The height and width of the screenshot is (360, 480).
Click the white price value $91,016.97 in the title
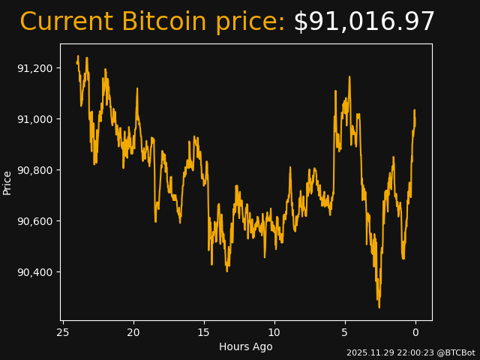tap(364, 22)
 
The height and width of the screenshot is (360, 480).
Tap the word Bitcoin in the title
tap(163, 22)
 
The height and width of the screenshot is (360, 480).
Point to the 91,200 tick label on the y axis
tap(34, 68)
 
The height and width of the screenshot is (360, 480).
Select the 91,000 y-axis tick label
tap(34, 119)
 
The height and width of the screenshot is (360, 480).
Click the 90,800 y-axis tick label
tap(34, 170)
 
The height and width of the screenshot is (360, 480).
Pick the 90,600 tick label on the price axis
tap(34, 221)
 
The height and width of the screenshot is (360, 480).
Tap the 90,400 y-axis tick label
tap(34, 272)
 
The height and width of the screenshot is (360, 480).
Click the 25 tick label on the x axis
tap(63, 332)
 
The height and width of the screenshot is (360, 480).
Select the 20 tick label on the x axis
tap(133, 332)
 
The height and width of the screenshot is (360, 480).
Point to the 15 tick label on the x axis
tap(204, 332)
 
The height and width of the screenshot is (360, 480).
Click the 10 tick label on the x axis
tap(274, 332)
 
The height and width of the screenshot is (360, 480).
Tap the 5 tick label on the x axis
tap(345, 332)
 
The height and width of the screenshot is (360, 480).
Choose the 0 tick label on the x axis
tap(415, 332)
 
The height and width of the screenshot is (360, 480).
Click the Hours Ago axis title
tap(246, 346)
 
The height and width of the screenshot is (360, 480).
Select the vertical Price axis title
tap(7, 182)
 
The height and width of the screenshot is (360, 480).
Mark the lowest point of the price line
tap(379, 307)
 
